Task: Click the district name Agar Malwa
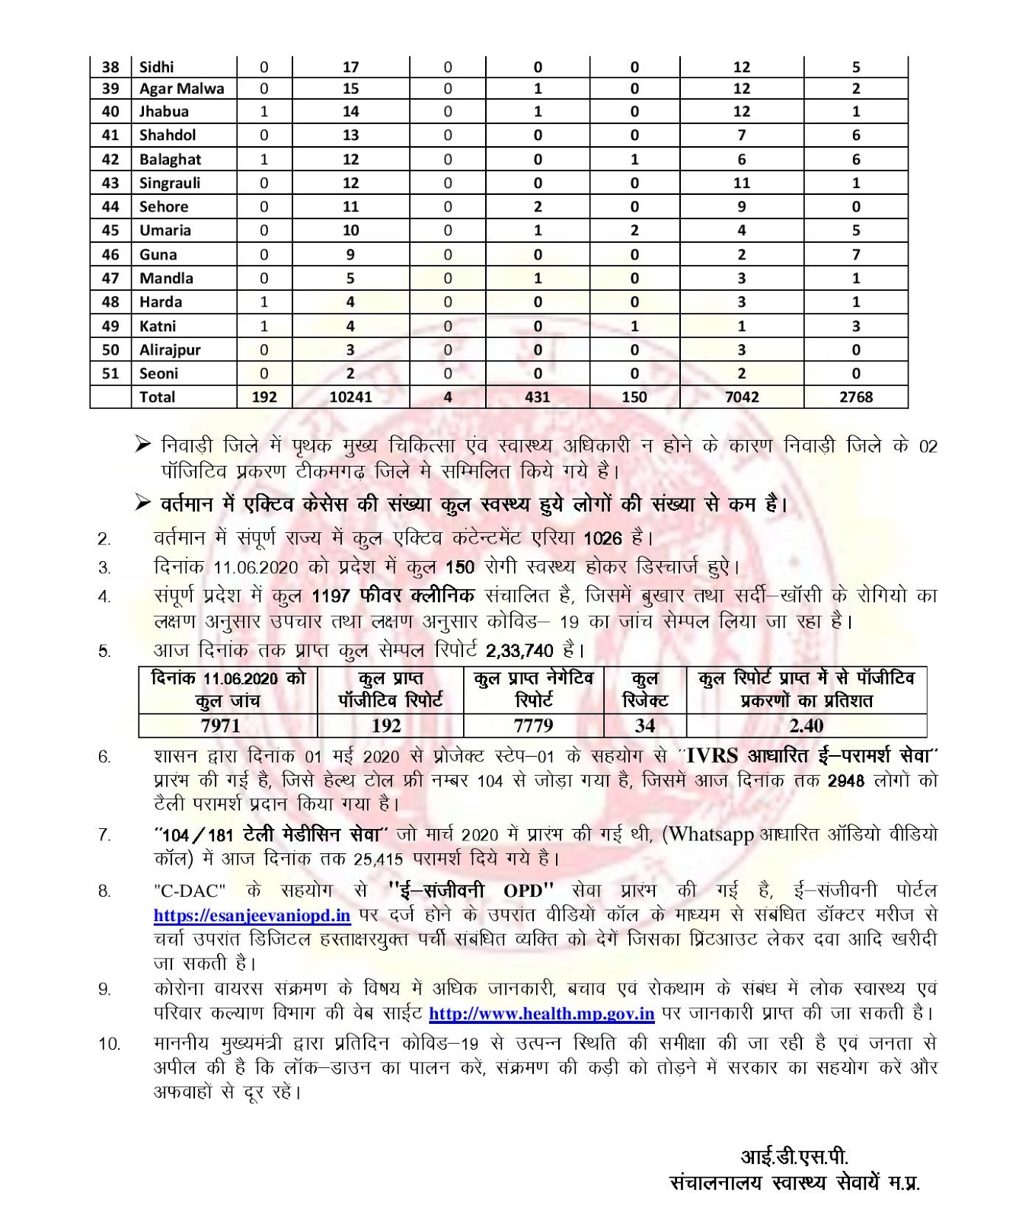(x=181, y=88)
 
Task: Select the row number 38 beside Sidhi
(x=110, y=67)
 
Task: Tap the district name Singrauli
(x=168, y=183)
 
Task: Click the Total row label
(x=157, y=397)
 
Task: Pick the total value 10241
(x=350, y=397)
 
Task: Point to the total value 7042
(x=741, y=397)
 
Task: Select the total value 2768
(x=856, y=397)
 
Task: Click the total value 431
(x=538, y=397)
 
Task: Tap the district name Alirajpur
(x=168, y=349)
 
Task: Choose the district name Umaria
(x=165, y=231)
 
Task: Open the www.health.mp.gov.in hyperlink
(x=541, y=1014)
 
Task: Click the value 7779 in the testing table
(x=533, y=725)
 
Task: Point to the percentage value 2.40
(x=806, y=725)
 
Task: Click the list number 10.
(x=109, y=1044)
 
